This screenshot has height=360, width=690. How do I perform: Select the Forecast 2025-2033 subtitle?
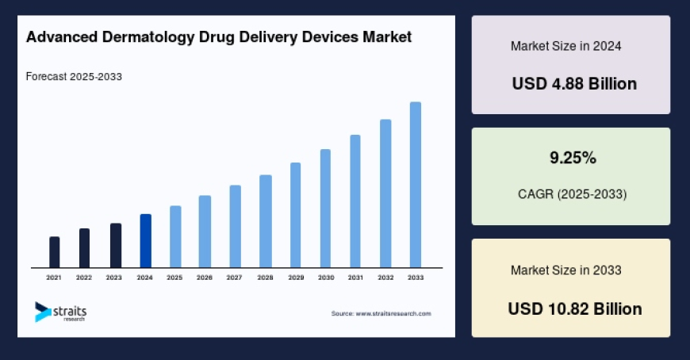coord(74,77)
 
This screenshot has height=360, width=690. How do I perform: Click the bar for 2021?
coord(54,252)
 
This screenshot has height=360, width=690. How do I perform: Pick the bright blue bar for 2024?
coord(145,241)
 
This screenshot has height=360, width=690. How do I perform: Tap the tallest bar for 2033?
coord(415,185)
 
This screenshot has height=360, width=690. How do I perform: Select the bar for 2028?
coord(266,221)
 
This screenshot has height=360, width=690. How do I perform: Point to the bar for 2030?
coord(325,209)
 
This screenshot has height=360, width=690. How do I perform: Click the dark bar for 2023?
coord(115,246)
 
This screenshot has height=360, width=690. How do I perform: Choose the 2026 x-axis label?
coord(205,278)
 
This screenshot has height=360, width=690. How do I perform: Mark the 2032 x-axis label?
coord(385,278)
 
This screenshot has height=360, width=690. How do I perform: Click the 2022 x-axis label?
coord(84,278)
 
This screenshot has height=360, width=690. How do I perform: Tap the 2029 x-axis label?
coord(295,278)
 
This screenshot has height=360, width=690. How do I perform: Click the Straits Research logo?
coord(61,312)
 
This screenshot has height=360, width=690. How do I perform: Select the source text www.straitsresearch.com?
coord(381,314)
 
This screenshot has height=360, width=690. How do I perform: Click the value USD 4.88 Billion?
coord(574,84)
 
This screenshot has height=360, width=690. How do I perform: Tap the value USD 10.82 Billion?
coord(575,308)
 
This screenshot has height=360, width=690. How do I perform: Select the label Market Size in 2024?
coord(565,46)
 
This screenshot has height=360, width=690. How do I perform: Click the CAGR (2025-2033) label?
coord(572,194)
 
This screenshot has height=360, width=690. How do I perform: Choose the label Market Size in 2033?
coord(565,270)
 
